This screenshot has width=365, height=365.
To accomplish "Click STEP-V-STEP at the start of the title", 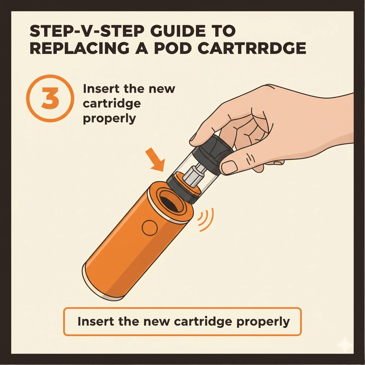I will point(75,31).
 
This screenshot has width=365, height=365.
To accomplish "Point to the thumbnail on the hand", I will point(230,166).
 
